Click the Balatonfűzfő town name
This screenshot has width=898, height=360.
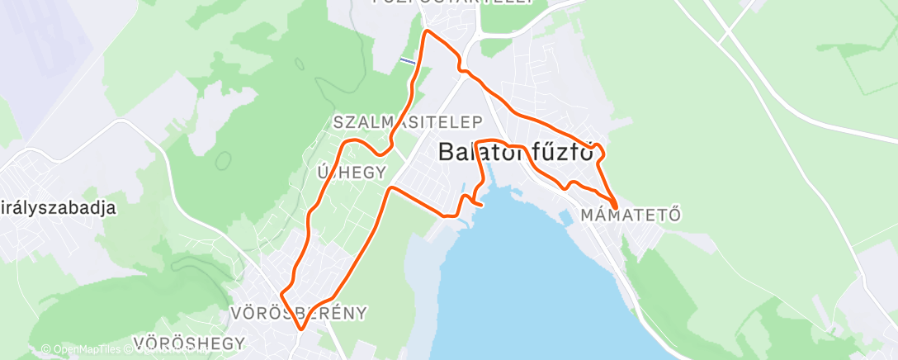point(517,153)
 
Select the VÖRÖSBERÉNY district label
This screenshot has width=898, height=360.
point(298,314)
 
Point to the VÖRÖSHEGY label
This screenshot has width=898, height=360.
point(189,343)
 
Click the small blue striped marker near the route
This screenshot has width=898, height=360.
point(407,60)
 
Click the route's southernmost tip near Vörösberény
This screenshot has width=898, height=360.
point(301,329)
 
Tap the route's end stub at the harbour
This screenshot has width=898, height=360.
point(480,203)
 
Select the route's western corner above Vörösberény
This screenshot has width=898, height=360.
point(282,293)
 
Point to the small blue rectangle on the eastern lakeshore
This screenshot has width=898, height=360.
point(565,219)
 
